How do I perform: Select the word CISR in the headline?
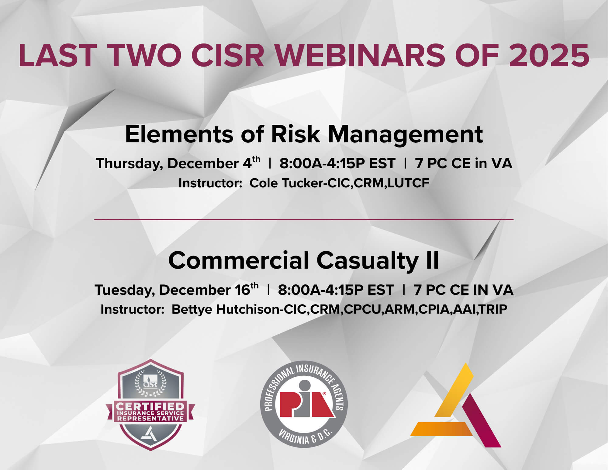pyautogui.click(x=228, y=56)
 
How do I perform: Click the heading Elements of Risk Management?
pyautogui.click(x=304, y=134)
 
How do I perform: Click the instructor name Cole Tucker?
pyautogui.click(x=286, y=183)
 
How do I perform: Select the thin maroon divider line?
pyautogui.click(x=304, y=219)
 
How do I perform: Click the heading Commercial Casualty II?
pyautogui.click(x=304, y=261)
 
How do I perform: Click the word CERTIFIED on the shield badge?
pyautogui.click(x=150, y=406)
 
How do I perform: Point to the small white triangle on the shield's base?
pyautogui.click(x=150, y=433)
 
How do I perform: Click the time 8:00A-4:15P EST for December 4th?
pyautogui.click(x=337, y=164)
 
